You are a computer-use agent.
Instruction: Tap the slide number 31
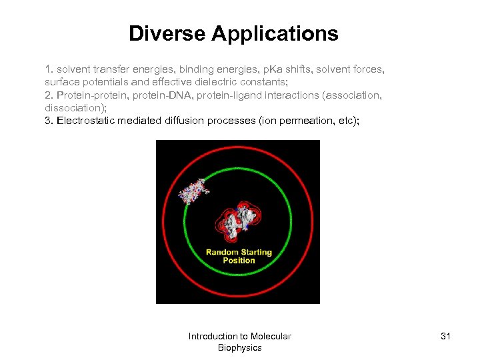tap(445, 336)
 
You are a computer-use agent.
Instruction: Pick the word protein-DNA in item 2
tap(155, 95)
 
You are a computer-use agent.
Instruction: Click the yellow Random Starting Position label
tap(239, 256)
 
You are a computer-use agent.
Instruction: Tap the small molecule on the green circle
tap(193, 191)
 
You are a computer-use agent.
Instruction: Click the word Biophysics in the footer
tap(239, 348)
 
